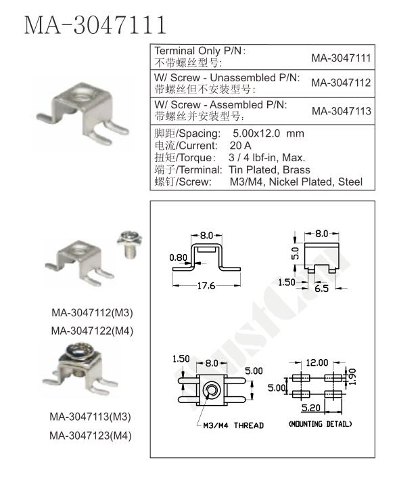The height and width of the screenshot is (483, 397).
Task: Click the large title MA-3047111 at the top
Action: [95, 25]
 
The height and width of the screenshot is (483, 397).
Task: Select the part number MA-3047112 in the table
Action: [341, 83]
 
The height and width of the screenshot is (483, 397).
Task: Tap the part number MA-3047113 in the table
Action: [342, 111]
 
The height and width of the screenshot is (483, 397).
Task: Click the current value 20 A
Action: [241, 146]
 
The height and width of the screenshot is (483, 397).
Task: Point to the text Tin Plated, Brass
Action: [269, 170]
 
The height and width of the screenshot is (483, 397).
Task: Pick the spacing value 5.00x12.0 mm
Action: [268, 133]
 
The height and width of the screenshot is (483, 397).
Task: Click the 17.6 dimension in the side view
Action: [206, 286]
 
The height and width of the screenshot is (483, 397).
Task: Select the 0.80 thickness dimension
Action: [178, 257]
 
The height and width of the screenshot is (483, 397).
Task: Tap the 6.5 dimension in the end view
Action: [322, 289]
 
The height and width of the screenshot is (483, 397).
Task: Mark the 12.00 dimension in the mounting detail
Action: [317, 362]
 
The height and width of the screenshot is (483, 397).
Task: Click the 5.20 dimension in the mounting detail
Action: [310, 408]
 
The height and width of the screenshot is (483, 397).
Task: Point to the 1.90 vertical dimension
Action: [352, 377]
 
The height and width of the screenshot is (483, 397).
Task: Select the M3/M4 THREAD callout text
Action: [233, 425]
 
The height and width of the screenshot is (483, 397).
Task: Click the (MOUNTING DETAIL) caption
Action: [320, 424]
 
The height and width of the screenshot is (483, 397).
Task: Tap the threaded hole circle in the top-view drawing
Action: [211, 391]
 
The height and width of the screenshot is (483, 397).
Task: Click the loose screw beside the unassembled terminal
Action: [129, 244]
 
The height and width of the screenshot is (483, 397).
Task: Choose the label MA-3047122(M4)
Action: [92, 331]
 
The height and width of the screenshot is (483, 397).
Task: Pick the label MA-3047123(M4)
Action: [91, 436]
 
